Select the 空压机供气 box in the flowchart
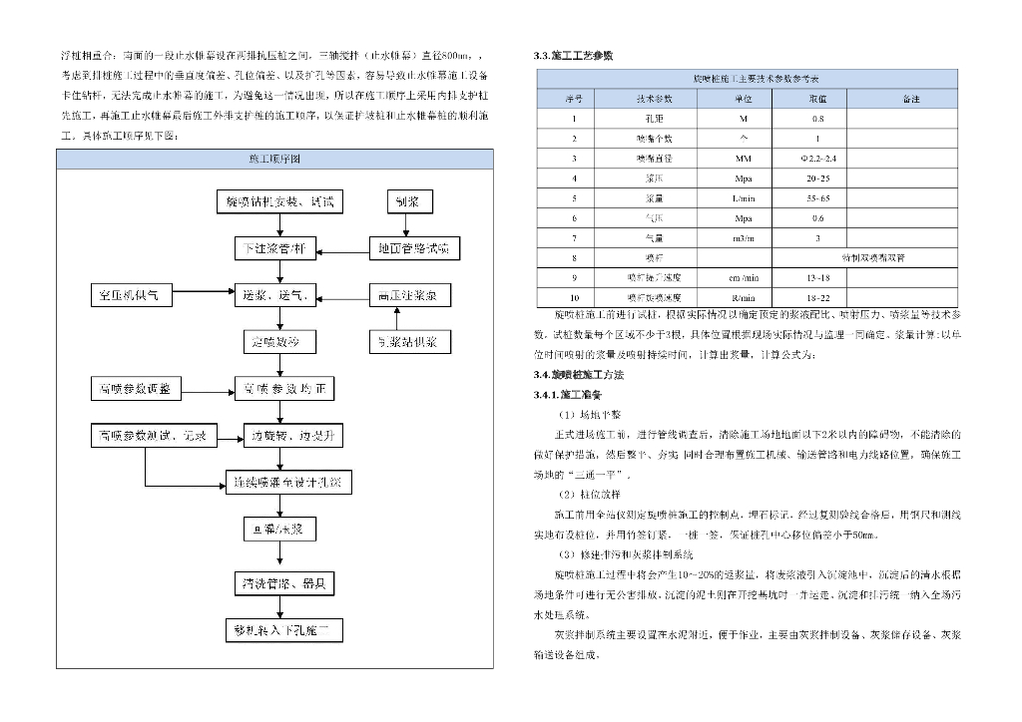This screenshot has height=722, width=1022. click(135, 295)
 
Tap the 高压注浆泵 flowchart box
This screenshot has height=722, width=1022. click(409, 295)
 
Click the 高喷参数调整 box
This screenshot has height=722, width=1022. click(135, 388)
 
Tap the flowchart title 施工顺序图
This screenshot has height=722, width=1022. click(274, 160)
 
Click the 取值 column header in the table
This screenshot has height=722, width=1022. click(817, 99)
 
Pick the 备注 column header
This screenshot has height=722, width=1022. click(910, 99)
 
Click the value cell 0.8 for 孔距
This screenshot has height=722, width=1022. click(817, 119)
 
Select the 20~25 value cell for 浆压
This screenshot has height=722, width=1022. click(817, 179)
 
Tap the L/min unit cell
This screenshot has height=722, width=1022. click(744, 198)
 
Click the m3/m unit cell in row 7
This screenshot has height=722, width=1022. click(744, 238)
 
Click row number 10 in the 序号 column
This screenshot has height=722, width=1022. click(574, 297)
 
